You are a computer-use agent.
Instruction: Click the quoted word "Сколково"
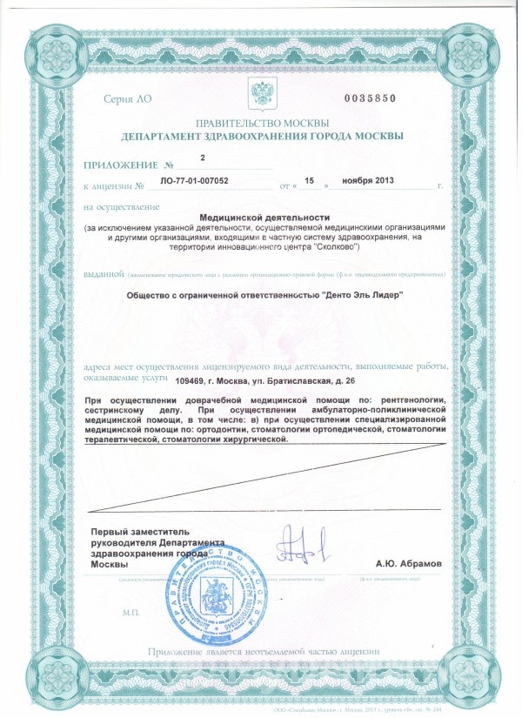pos(335,247)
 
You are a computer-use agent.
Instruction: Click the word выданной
pos(104,274)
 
